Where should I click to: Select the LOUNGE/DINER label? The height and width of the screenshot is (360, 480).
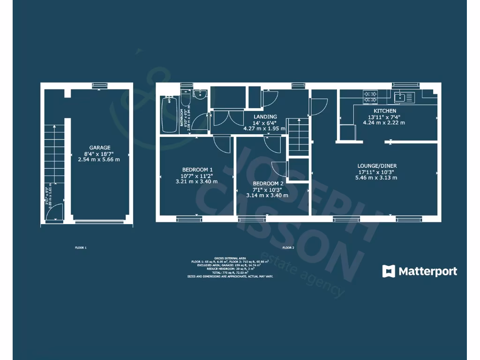[x=377, y=166]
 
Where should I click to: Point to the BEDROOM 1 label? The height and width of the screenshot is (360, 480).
[x=197, y=170]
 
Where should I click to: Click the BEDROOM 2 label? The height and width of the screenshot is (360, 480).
[x=268, y=183]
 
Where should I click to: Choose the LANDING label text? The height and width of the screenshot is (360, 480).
[x=265, y=117]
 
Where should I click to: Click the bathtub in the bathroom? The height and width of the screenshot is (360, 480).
[x=169, y=114]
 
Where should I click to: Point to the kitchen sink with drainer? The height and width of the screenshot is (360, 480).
[x=405, y=97]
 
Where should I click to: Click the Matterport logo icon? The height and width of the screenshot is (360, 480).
[x=388, y=271]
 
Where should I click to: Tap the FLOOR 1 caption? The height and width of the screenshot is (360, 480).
[x=81, y=247]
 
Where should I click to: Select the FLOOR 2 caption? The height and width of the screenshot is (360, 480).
[x=288, y=247]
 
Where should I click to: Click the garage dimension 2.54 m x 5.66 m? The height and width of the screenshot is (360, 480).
[x=99, y=159]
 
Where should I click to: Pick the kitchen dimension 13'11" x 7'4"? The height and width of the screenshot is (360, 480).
[x=384, y=117]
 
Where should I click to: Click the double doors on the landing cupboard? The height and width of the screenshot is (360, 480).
[x=227, y=118]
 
